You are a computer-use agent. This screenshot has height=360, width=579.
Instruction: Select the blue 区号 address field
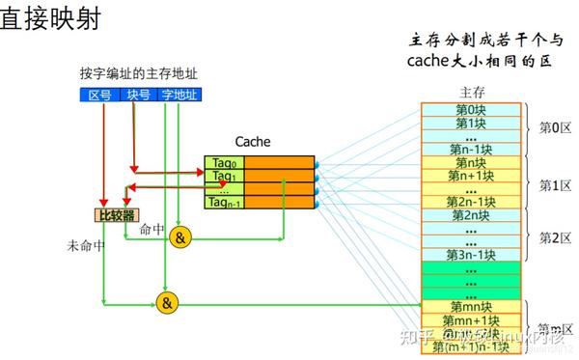(x=100, y=95)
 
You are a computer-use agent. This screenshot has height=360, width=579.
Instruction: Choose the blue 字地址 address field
(x=179, y=95)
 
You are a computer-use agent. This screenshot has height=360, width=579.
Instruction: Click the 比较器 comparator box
(x=116, y=214)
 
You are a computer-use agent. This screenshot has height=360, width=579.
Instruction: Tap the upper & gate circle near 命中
(x=180, y=238)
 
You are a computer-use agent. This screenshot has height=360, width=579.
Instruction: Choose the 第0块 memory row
(x=472, y=109)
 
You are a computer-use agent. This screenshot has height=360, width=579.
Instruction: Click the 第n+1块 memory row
(x=472, y=175)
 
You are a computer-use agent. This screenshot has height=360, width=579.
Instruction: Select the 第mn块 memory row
(x=472, y=306)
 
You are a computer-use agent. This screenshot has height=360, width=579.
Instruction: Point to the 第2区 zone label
(x=555, y=235)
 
